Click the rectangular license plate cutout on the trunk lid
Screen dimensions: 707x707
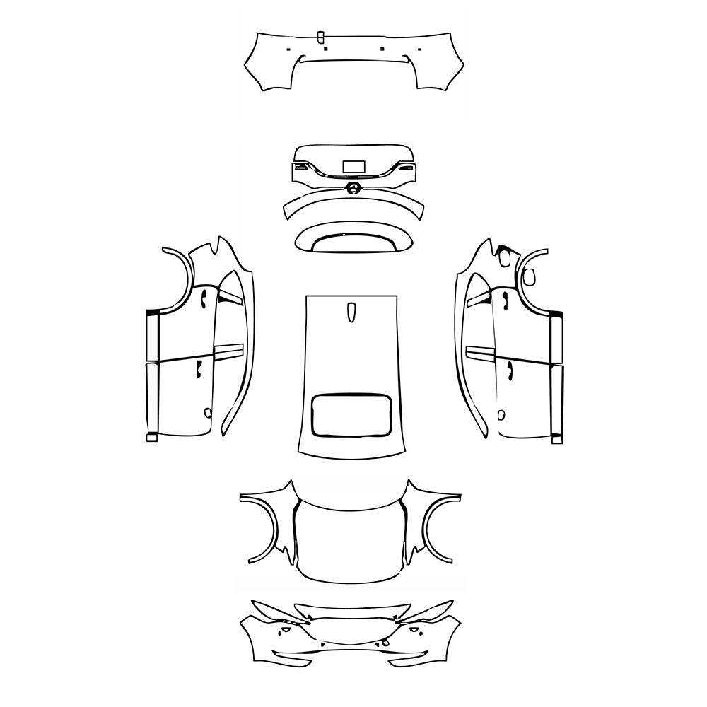353,167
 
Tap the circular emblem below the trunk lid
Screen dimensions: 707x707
353,187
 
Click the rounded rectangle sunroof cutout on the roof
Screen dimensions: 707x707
352,414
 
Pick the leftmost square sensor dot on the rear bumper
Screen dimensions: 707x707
288,49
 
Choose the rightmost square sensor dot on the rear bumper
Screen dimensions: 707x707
419,49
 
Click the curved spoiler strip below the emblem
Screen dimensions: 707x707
353,206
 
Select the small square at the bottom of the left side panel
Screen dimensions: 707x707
151,438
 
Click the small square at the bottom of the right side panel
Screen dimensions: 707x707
557,440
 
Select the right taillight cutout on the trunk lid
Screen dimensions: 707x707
404,168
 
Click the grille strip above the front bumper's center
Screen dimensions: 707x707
352,610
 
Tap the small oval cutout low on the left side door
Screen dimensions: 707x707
207,412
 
